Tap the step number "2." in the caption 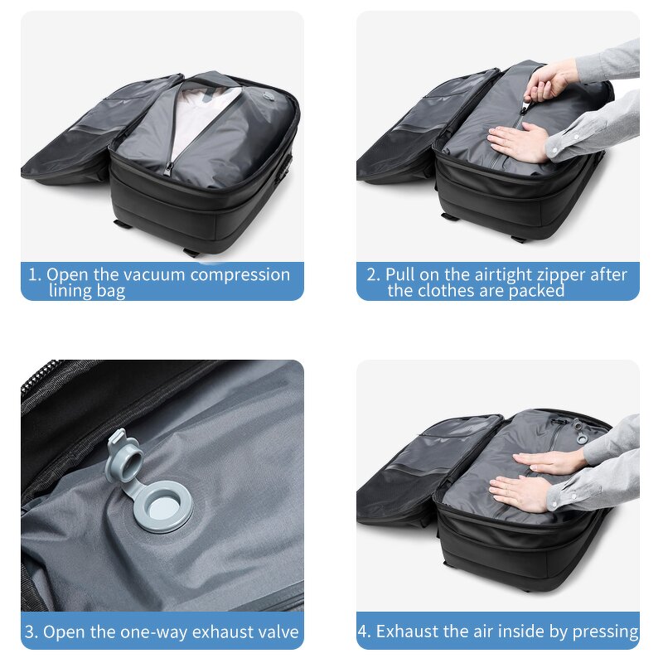374,275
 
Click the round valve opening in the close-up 164,505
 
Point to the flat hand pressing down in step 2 518,143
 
